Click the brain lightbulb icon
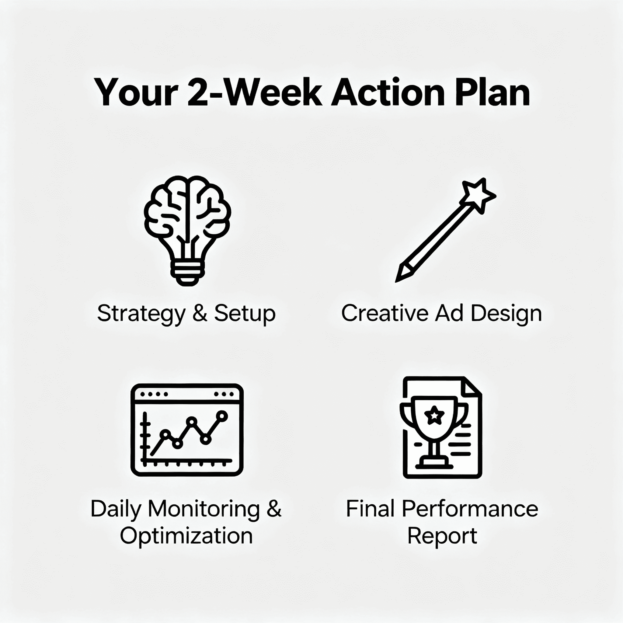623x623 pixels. tap(187, 231)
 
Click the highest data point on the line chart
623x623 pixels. tap(222, 416)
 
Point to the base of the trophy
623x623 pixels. tap(434, 464)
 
